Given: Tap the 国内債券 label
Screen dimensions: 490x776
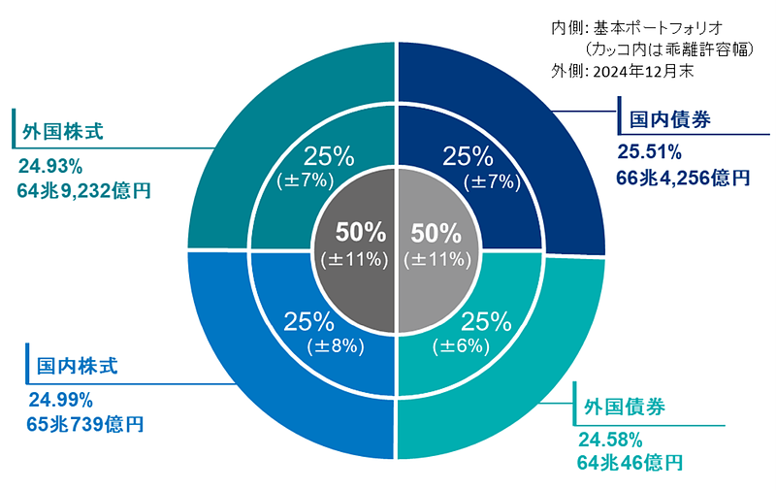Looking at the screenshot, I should (x=670, y=120).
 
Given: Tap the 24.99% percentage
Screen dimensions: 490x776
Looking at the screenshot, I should (x=60, y=399).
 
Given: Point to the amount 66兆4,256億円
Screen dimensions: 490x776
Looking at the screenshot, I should (x=683, y=178).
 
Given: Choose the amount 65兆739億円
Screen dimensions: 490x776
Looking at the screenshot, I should (x=86, y=424).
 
